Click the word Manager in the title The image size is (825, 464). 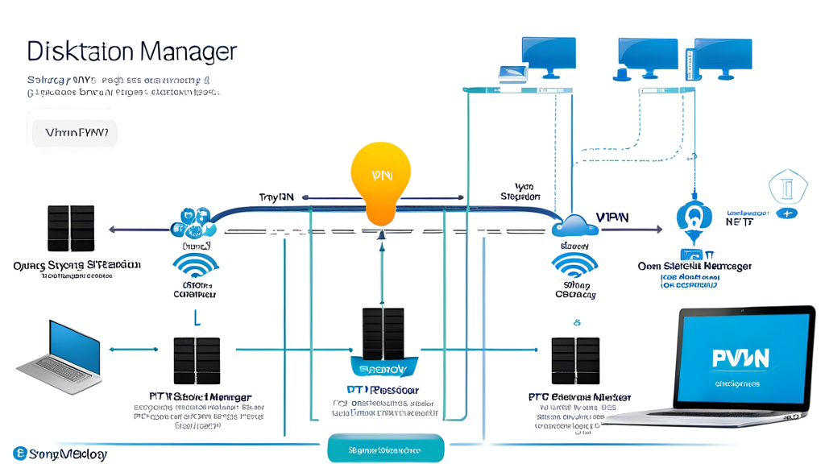tap(186, 52)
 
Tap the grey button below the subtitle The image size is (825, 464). tap(75, 133)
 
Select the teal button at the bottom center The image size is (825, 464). tap(386, 449)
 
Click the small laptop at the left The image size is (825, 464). tap(60, 355)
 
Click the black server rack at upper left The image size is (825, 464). tap(71, 228)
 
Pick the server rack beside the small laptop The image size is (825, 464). tap(197, 361)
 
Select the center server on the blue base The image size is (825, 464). tap(383, 334)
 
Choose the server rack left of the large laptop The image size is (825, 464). tap(575, 361)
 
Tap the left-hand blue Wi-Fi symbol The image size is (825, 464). tap(195, 266)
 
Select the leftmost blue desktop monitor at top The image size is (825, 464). tap(549, 56)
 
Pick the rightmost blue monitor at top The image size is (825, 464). tap(723, 57)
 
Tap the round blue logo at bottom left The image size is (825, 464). tap(20, 454)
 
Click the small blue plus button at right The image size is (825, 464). tap(787, 213)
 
